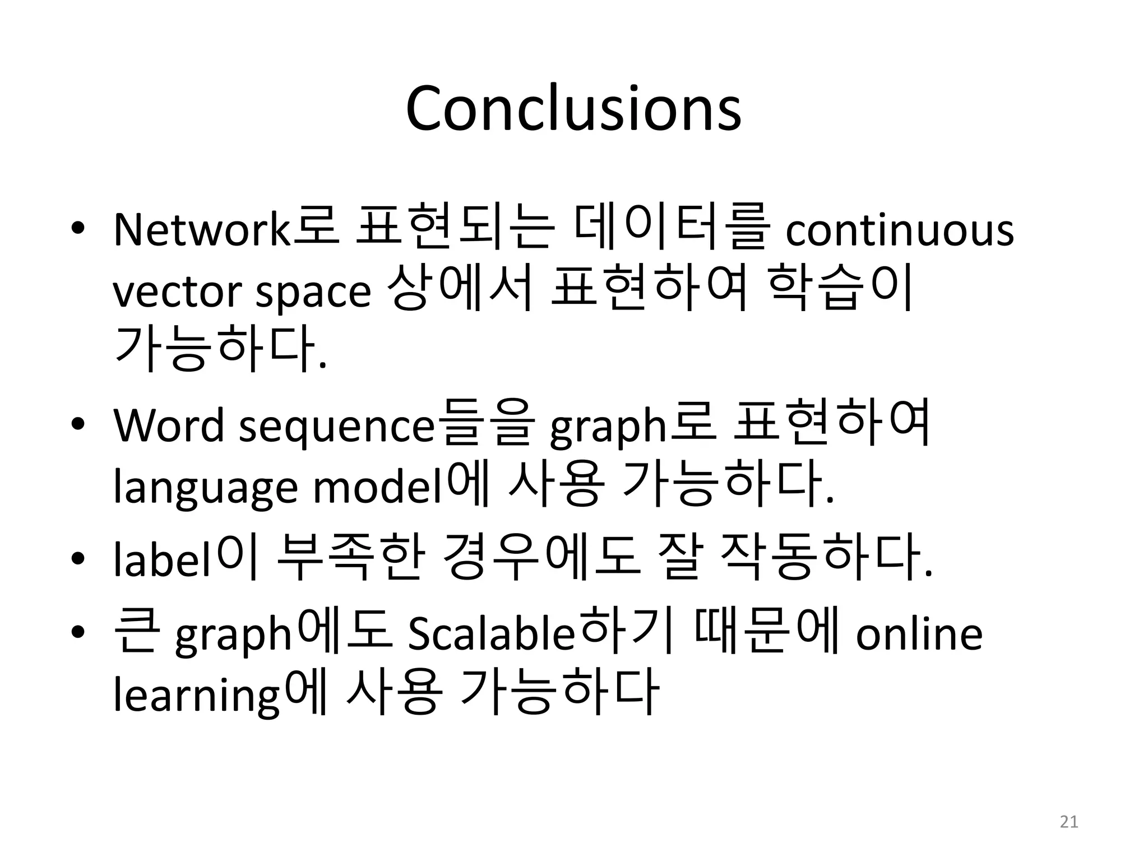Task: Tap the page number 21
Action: pos(1069,822)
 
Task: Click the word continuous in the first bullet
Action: pos(899,230)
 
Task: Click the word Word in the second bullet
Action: pos(168,426)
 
